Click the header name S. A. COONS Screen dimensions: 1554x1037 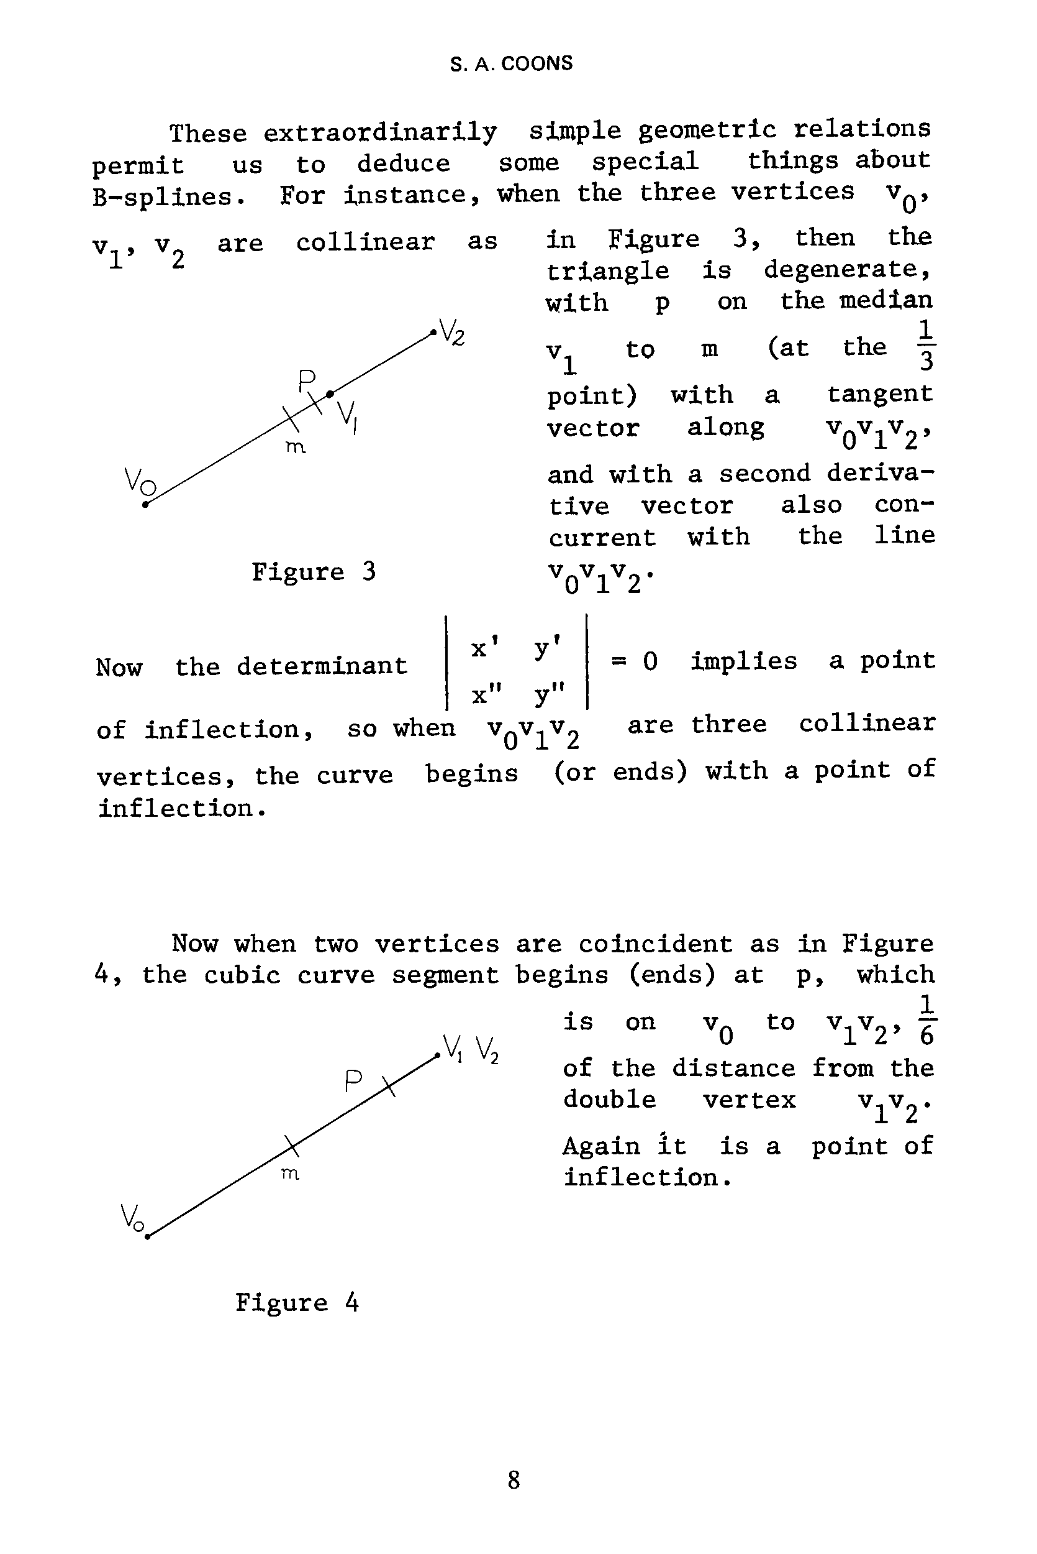coord(511,63)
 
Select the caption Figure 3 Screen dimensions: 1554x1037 coord(314,571)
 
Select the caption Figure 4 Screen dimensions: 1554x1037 coord(297,1302)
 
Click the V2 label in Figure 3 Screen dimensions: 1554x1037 coord(452,332)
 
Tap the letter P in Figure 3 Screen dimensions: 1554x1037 coord(307,381)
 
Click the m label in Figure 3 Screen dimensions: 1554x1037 coord(295,448)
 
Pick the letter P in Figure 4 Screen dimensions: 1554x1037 coord(353,1082)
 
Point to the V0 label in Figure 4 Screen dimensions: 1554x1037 coord(132,1216)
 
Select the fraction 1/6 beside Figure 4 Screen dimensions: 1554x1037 coord(926,1022)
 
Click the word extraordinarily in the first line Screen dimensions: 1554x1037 coord(380,132)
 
